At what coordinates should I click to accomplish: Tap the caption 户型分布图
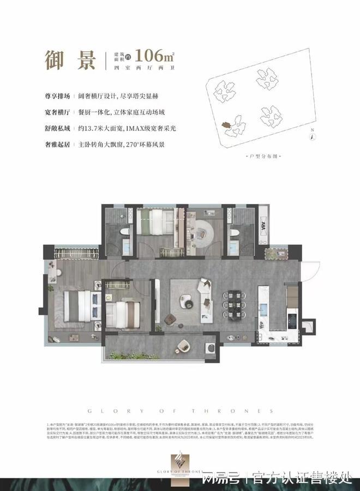(x=262, y=156)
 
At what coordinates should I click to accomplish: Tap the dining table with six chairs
(x=232, y=306)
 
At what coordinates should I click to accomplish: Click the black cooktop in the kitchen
(x=292, y=319)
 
